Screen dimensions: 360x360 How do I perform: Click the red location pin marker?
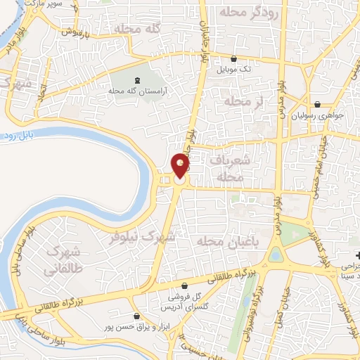pos(181,166)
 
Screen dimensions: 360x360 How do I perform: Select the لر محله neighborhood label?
pos(243,102)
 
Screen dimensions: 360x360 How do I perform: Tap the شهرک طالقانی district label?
pos(63,259)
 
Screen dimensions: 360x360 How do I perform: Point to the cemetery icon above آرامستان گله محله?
pos(136,79)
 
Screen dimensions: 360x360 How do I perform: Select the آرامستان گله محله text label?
pos(136,91)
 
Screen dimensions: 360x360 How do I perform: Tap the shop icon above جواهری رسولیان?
pos(318,103)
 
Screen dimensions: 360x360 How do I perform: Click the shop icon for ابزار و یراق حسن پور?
pos(136,317)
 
